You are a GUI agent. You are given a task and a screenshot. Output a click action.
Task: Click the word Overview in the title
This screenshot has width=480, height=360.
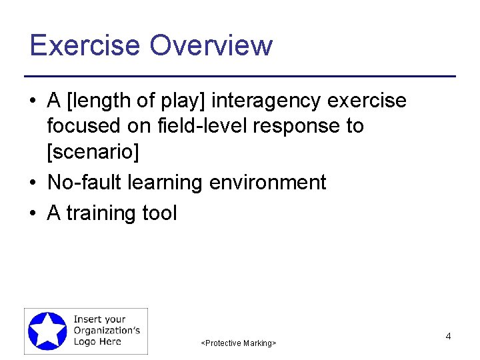point(211,45)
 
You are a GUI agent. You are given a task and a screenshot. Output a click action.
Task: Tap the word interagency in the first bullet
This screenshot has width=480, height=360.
point(267,101)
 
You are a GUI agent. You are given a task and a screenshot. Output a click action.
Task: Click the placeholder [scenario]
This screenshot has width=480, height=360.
point(93,152)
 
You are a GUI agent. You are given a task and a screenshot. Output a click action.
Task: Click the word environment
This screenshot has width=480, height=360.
point(267,183)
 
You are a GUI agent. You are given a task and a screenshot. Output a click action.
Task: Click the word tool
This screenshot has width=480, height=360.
point(160,213)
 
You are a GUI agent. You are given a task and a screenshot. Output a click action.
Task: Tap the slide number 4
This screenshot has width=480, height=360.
point(448,337)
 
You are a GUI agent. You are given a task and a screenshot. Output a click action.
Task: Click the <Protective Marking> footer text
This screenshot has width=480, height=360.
point(238,343)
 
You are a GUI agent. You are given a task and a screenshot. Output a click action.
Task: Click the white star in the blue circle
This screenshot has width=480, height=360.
point(47,331)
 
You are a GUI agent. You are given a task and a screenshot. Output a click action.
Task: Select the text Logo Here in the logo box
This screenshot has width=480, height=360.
point(97,341)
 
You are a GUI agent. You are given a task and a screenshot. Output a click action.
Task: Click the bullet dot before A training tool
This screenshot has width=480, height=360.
point(33,214)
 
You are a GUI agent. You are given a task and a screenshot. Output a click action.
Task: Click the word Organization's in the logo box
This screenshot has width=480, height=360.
point(106,331)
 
